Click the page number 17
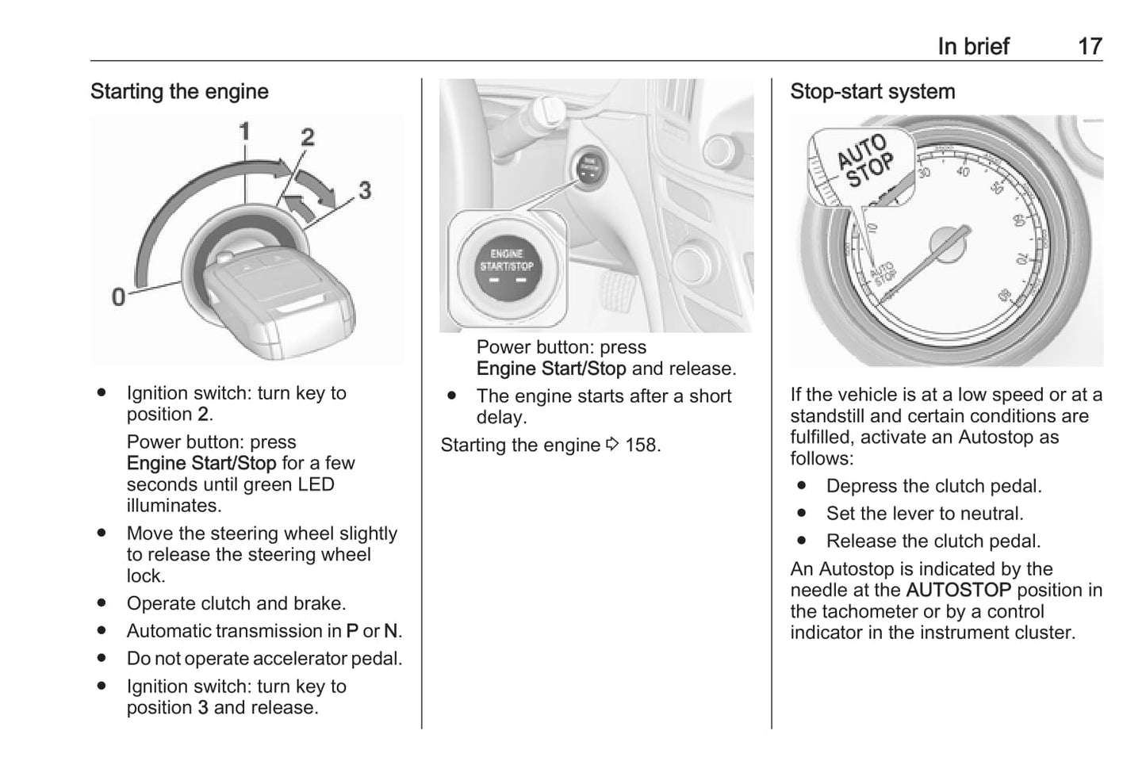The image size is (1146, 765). pos(1090,46)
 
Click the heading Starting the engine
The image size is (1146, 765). pos(179,92)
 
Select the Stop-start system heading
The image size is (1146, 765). pos(872,92)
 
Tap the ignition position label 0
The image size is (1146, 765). pos(119,296)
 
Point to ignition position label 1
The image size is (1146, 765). pos(245,131)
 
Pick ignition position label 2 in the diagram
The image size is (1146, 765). pos(307,137)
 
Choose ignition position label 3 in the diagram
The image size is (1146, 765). pos(364,190)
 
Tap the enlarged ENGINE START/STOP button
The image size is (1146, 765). pos(507,266)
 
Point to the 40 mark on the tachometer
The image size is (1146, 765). pos(963,171)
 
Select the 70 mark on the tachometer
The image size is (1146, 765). pos(1022,258)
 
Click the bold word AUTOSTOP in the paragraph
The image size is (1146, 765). pos(958,591)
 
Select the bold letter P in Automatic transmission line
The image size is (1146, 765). pos(352,631)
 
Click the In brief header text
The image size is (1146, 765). pos(973,46)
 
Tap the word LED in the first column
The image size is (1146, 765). pos(316,484)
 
